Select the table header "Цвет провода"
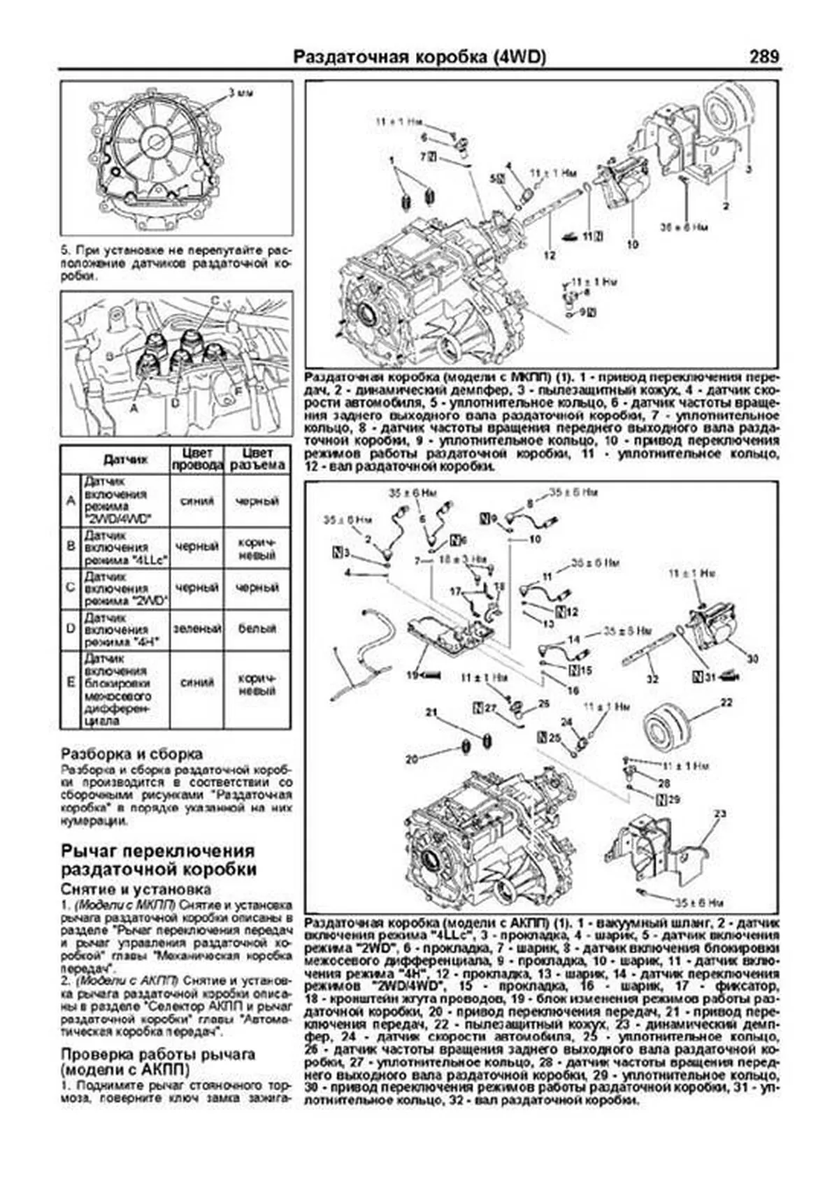[196, 458]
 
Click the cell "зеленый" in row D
[196, 629]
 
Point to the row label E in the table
[70, 682]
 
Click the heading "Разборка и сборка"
[132, 754]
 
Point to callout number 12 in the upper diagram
[550, 255]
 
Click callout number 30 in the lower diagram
[752, 658]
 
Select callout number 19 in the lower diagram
[413, 676]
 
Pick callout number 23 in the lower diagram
[721, 813]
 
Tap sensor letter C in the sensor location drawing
[215, 300]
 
